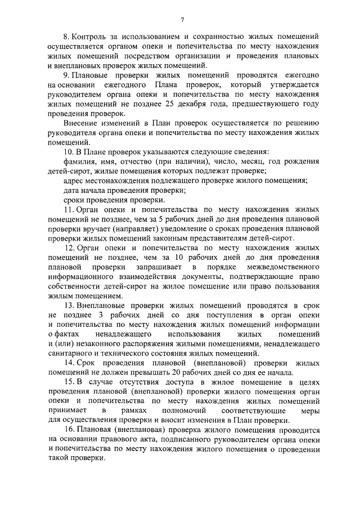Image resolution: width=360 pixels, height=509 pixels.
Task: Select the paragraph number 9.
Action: click(x=66, y=75)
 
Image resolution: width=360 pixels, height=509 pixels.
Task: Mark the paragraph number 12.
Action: click(x=69, y=247)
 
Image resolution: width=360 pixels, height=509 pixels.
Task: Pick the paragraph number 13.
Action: click(x=69, y=305)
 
